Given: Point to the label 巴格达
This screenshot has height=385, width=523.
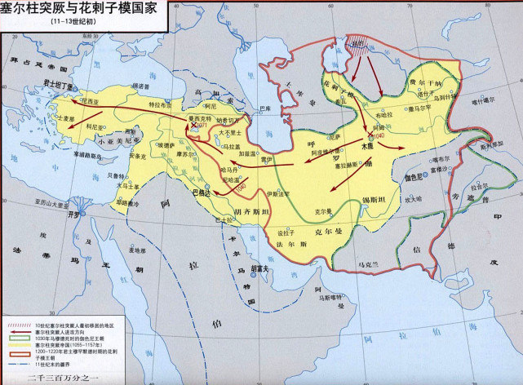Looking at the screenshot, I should tap(200, 193).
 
